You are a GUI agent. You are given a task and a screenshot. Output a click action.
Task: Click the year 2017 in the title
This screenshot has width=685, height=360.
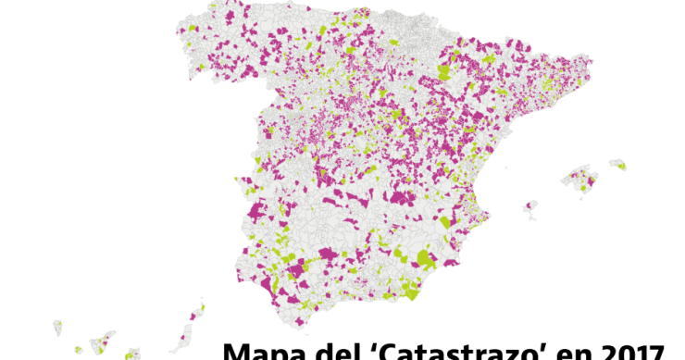point(627,353)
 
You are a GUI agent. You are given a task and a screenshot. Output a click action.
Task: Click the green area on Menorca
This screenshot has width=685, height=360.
point(620,167)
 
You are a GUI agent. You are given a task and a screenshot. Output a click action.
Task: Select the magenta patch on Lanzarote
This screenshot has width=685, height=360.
point(196,314)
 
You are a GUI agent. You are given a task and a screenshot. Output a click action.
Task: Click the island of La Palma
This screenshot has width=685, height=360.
point(57,327)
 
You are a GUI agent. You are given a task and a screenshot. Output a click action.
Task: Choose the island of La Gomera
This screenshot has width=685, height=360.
point(79,349)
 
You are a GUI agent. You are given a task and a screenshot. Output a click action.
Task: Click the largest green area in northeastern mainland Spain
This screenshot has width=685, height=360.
point(443,71)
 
